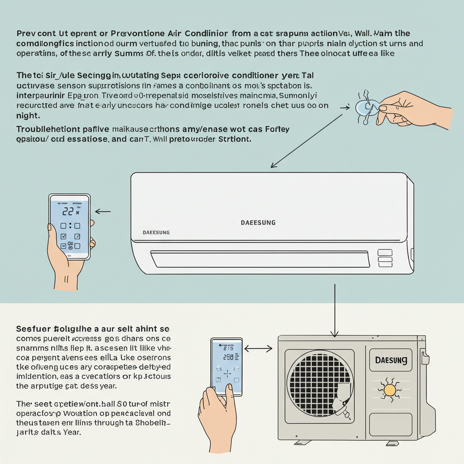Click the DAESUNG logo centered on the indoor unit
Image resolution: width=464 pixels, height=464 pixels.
pos(258,222)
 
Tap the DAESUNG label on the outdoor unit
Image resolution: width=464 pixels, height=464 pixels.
pos(391,361)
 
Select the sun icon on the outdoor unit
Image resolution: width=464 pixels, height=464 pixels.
pos(390,389)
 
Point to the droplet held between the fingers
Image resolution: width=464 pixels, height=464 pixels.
pos(365,107)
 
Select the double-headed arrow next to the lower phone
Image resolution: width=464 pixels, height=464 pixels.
pos(258,348)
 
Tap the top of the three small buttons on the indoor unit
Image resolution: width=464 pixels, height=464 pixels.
pos(385,252)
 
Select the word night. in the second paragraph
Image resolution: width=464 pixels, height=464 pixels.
pos(28,116)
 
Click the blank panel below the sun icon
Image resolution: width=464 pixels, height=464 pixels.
pos(390,424)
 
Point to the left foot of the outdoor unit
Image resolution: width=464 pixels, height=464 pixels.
pos(302,442)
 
